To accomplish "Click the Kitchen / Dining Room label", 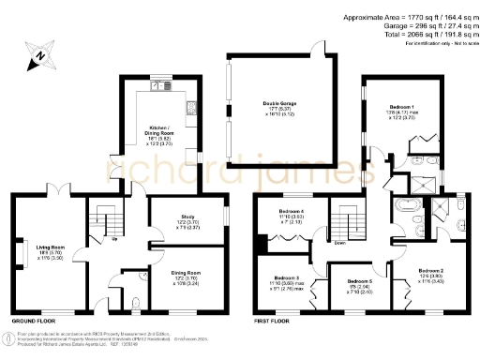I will tap(159, 131).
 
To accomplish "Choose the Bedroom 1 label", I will tap(400, 108).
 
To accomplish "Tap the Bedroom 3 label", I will tap(286, 278).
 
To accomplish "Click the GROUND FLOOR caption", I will tap(30, 322).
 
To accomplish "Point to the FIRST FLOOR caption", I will tap(273, 322).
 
